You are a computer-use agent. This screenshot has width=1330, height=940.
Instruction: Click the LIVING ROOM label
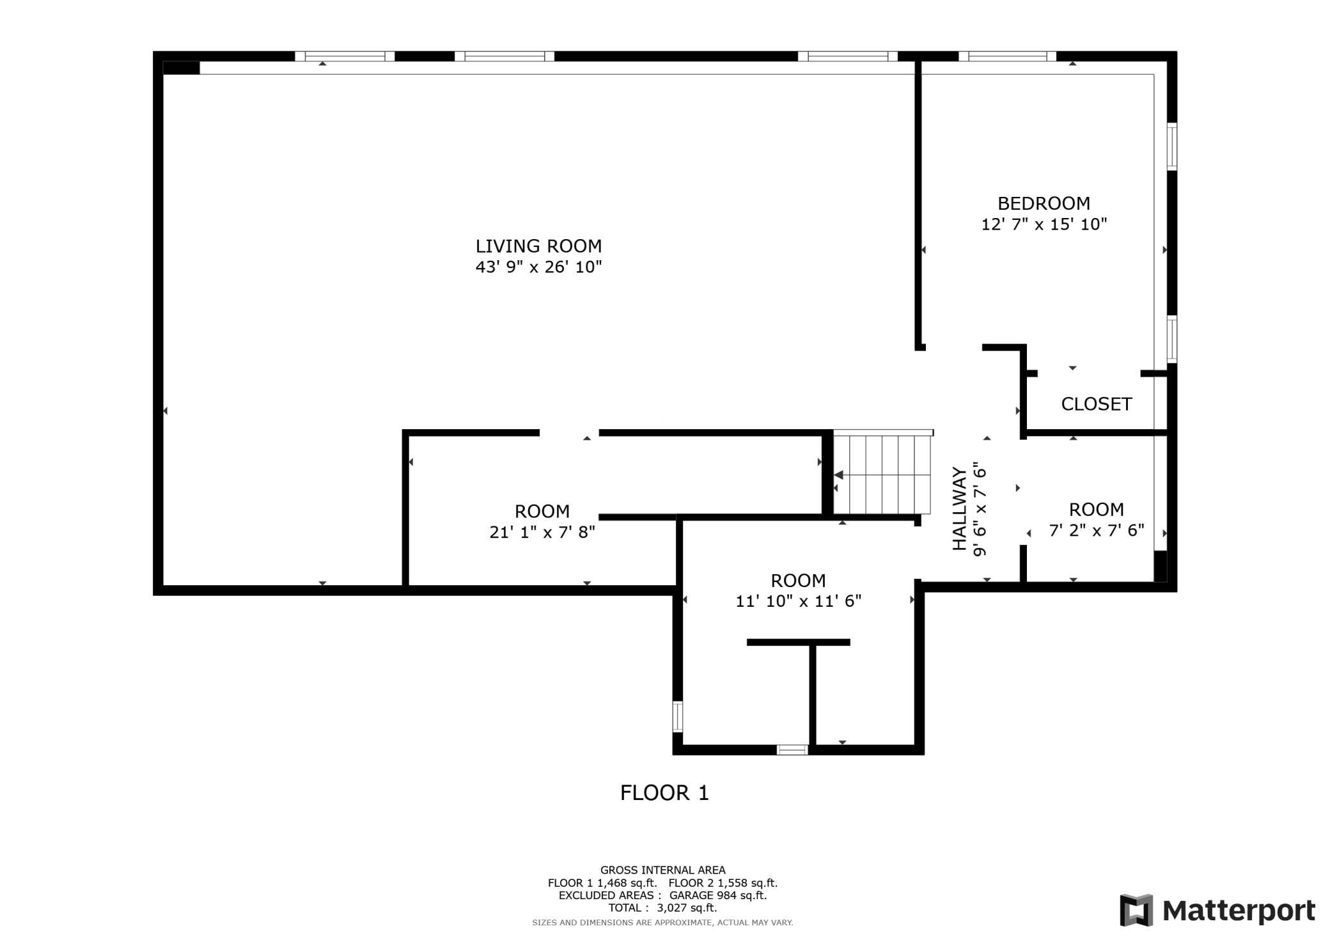pyautogui.click(x=538, y=246)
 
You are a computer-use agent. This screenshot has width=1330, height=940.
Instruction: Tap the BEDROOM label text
pyautogui.click(x=1044, y=203)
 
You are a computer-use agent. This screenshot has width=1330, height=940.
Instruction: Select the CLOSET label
pyautogui.click(x=1097, y=404)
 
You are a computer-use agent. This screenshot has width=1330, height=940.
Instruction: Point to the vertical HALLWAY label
pyautogui.click(x=959, y=508)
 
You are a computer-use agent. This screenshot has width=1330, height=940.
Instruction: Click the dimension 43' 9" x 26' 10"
pyautogui.click(x=538, y=267)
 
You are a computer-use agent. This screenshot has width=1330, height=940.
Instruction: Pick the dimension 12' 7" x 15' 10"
pyautogui.click(x=1044, y=224)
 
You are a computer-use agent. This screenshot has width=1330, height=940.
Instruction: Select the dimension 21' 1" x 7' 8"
pyautogui.click(x=542, y=532)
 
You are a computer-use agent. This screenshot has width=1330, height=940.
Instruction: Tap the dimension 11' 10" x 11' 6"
pyautogui.click(x=799, y=601)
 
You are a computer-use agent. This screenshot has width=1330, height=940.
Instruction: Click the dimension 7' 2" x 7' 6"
pyautogui.click(x=1097, y=530)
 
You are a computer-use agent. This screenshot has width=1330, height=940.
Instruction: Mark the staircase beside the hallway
pyautogui.click(x=882, y=473)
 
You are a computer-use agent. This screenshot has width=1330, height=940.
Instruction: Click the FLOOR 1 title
pyautogui.click(x=664, y=793)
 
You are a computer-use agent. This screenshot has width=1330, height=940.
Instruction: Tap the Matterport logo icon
pyautogui.click(x=1136, y=910)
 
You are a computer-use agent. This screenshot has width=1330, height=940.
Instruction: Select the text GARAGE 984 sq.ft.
pyautogui.click(x=717, y=895)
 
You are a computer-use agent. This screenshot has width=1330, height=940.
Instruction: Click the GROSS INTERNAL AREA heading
pyautogui.click(x=662, y=870)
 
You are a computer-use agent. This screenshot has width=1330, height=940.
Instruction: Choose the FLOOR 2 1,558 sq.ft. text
pyautogui.click(x=723, y=883)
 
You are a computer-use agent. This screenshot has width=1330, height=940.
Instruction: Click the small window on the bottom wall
pyautogui.click(x=792, y=749)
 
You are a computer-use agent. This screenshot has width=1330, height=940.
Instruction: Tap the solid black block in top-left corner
pyautogui.click(x=182, y=68)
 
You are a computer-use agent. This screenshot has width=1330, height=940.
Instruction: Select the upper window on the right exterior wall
pyautogui.click(x=1171, y=146)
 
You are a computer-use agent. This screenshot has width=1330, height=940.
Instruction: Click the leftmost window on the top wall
pyautogui.click(x=345, y=56)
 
